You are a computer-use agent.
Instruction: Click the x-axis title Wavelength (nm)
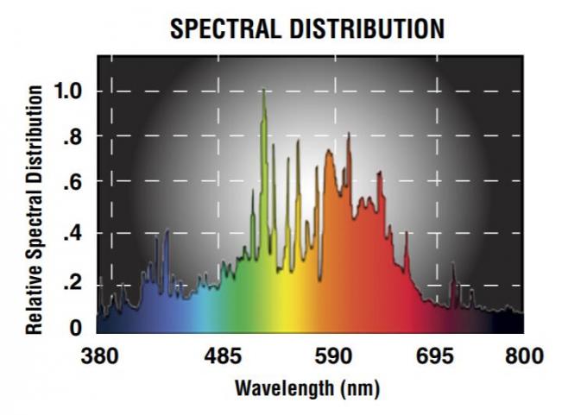click(x=307, y=387)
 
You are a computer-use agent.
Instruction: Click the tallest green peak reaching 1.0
click(x=263, y=91)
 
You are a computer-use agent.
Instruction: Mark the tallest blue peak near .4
click(x=167, y=231)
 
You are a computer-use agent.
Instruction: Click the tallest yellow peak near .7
click(x=288, y=143)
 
